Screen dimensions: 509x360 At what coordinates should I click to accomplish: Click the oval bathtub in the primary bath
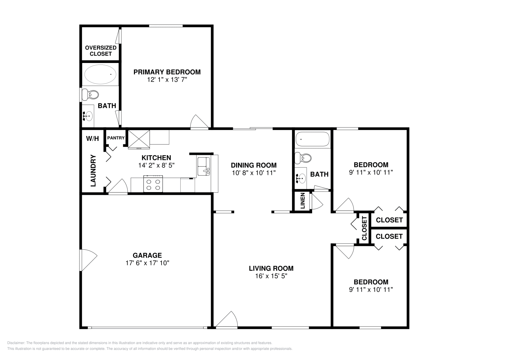[100, 74]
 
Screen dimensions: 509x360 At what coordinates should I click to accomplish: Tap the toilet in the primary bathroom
[90, 95]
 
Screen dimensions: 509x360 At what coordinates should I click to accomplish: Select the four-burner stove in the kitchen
[153, 184]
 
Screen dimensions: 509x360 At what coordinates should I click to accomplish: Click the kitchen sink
[204, 166]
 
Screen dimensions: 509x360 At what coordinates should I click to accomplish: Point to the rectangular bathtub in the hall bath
[312, 139]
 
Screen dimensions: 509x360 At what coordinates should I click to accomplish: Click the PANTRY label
[116, 138]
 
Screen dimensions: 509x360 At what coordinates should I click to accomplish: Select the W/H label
[93, 139]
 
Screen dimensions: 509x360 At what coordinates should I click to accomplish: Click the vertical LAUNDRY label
[93, 170]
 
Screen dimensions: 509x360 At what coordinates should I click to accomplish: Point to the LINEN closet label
[303, 201]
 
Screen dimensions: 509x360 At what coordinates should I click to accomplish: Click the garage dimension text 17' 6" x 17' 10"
[147, 263]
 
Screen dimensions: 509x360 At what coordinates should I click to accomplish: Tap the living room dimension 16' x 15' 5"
[271, 276]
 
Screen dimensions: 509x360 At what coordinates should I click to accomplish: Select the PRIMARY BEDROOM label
[167, 72]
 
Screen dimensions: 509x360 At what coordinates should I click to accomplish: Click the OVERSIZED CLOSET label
[101, 51]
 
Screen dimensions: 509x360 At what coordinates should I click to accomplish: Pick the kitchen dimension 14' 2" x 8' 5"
[156, 165]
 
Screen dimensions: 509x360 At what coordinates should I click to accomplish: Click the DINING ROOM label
[254, 165]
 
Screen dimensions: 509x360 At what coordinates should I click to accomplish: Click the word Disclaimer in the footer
[16, 343]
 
